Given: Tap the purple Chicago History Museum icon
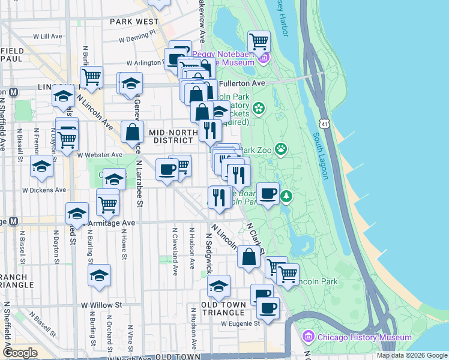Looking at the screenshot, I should point(310,337).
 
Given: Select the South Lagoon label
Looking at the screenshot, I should point(321,155).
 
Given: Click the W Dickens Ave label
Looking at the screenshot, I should point(43,190).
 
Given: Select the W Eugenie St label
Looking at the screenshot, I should point(240,323).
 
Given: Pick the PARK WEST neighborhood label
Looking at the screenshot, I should point(134,22).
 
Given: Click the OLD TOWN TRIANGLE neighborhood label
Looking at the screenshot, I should point(224,309).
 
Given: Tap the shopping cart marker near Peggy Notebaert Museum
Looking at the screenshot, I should point(259,42).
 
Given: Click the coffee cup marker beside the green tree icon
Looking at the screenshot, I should point(268,194).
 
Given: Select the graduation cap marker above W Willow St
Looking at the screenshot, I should point(100,275).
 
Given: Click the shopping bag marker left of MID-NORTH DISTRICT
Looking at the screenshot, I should point(132,133).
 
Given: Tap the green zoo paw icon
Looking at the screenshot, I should point(280,148).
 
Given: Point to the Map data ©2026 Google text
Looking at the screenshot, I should point(411,355).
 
